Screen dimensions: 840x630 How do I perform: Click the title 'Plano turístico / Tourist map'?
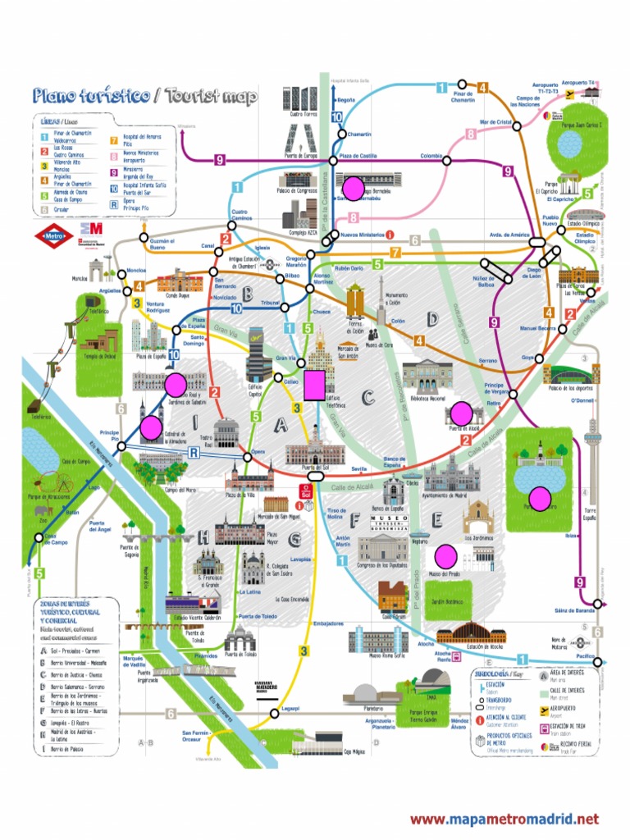coord(145,96)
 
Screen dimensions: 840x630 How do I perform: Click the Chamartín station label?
coord(359,134)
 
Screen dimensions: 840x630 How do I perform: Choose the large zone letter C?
coord(368,398)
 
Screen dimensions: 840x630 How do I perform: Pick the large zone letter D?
coord(432,318)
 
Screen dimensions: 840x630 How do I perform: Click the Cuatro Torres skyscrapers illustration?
coord(299,101)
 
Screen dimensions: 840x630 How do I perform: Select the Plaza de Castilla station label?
coord(358,156)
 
